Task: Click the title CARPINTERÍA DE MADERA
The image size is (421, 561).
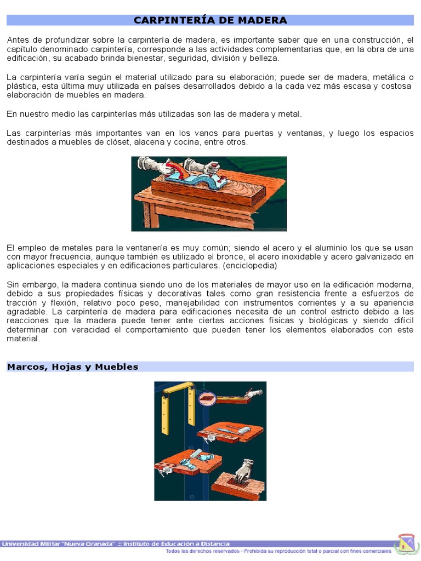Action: (x=210, y=20)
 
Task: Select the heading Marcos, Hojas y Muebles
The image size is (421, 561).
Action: (x=72, y=367)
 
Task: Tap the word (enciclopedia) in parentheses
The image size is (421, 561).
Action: (x=250, y=266)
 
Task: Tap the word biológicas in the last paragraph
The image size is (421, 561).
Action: (x=331, y=320)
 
